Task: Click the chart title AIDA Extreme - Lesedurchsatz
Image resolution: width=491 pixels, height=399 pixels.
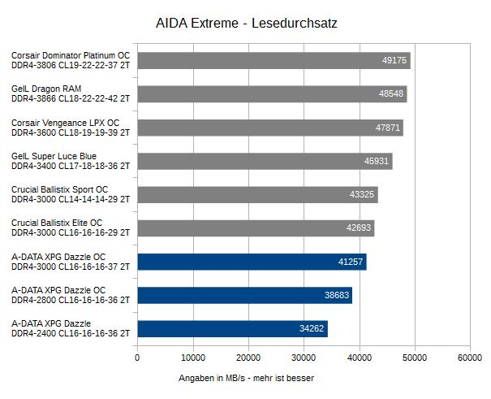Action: [246, 24]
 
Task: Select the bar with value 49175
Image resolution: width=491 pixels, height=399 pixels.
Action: [273, 61]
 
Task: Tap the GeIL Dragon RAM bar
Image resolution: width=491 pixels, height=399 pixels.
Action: [272, 94]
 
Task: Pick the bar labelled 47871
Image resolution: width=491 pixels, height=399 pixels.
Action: [270, 128]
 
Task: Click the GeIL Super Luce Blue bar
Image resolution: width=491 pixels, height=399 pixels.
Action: [265, 161]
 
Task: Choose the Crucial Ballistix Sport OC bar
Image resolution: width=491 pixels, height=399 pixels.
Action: [257, 195]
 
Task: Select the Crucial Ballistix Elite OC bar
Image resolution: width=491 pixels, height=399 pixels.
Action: [256, 228]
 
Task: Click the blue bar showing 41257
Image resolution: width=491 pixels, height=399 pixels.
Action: [252, 262]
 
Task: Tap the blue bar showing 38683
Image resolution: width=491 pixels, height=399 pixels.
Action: [244, 296]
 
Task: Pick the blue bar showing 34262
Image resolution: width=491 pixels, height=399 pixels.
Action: [232, 329]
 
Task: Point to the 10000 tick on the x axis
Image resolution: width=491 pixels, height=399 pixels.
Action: [192, 358]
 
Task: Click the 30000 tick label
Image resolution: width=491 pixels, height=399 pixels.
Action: [304, 358]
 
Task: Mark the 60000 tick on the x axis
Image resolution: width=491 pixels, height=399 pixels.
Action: [470, 358]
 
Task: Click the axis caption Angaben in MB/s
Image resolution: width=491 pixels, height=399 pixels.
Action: [246, 378]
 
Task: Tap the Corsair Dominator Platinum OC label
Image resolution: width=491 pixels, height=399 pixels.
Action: [71, 55]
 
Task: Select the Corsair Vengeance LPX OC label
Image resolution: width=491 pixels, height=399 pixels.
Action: [65, 122]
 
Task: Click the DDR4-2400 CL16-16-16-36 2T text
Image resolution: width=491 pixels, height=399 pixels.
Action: [71, 333]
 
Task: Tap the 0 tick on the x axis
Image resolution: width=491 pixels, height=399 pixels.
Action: [137, 358]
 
